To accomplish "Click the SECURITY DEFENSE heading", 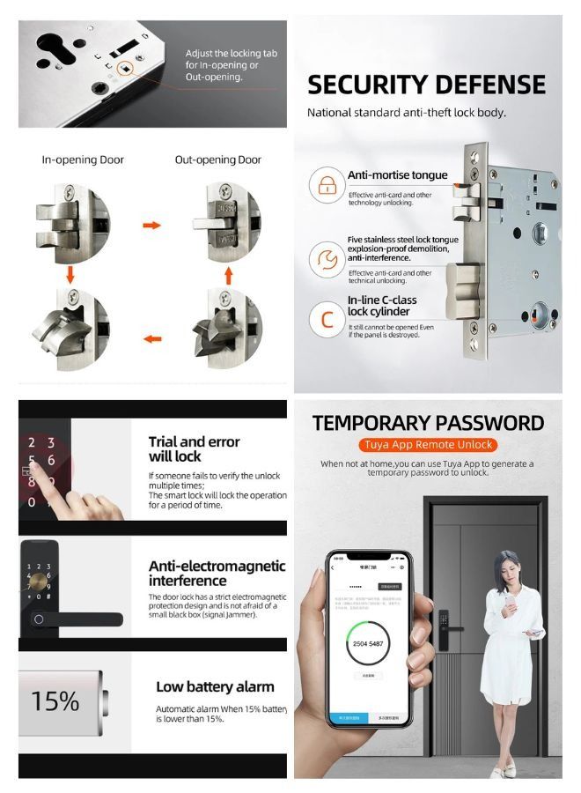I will click(426, 85).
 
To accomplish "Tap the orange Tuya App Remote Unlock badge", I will click(426, 444).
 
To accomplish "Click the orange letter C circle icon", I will click(326, 319).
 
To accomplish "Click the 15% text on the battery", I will click(55, 701).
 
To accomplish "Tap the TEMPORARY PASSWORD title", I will click(427, 422).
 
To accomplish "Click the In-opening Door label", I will click(83, 160).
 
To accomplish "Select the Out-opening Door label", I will click(217, 160).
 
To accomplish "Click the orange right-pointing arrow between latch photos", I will click(151, 226).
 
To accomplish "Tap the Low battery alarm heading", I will click(215, 686).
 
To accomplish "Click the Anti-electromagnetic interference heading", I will click(217, 573).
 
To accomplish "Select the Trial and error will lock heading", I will click(194, 448).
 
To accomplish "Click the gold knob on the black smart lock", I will click(40, 583).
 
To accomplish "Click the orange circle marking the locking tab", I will click(127, 70).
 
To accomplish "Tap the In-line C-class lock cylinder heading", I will click(381, 306).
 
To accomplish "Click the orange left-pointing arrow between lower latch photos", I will click(151, 337).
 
